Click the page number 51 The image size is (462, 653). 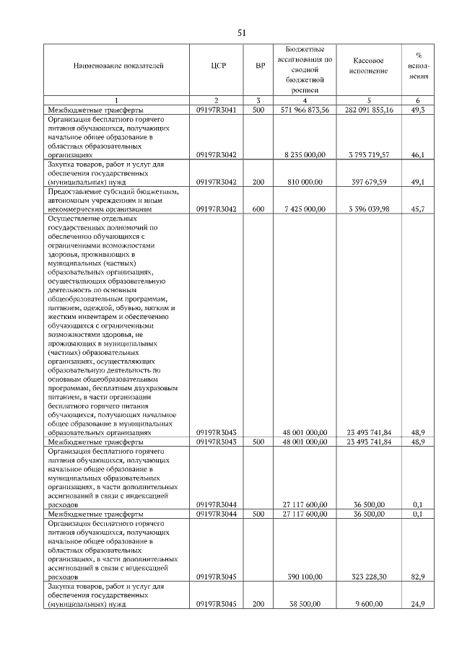[x=242, y=32]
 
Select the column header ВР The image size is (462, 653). [x=260, y=66]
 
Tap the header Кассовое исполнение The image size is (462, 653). [x=368, y=66]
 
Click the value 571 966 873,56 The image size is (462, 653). [x=305, y=110]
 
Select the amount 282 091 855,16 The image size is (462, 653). [x=369, y=110]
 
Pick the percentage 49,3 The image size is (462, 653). [x=417, y=110]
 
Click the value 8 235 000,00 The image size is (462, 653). [x=305, y=154]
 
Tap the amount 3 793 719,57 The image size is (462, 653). [x=369, y=154]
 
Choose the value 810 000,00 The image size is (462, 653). [x=305, y=182]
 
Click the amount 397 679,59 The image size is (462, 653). [x=369, y=182]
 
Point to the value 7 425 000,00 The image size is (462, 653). [x=305, y=209]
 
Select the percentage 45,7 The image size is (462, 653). [x=417, y=209]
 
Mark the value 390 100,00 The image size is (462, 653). [x=305, y=577]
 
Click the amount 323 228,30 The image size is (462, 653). [x=369, y=577]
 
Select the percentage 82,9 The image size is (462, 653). [x=417, y=577]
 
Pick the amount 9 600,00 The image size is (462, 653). [x=369, y=605]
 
